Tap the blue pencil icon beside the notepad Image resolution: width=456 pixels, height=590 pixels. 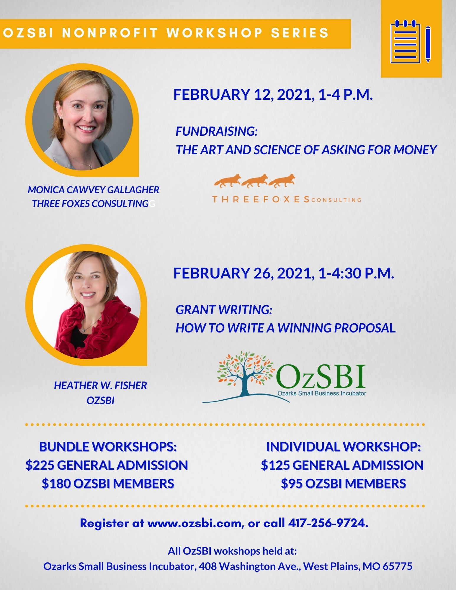(428, 44)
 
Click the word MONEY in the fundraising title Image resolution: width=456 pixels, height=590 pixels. (415, 150)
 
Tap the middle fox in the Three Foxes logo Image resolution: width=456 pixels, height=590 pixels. (254, 181)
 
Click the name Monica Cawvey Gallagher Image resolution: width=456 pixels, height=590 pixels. (93, 190)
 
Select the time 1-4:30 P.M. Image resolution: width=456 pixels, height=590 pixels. (356, 273)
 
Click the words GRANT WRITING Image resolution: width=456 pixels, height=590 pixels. (224, 310)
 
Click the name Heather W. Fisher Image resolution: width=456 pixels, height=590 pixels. (100, 385)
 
